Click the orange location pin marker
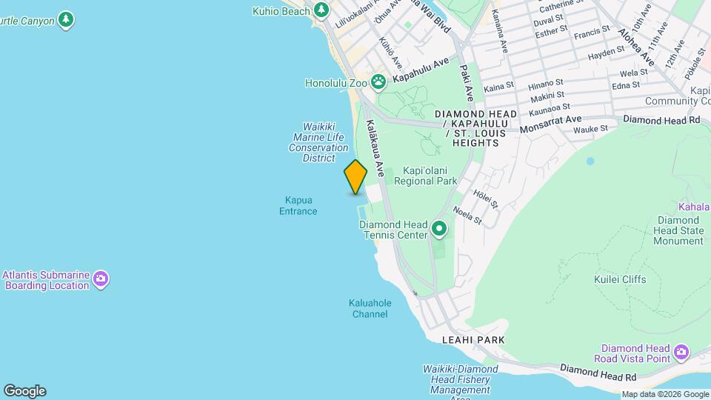point(355,177)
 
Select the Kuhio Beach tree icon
point(321,10)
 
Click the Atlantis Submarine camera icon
point(101,280)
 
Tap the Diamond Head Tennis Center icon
point(439,230)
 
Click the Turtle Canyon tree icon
point(67,19)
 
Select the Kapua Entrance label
point(298,206)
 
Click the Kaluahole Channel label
point(370,308)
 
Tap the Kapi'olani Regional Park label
point(425,176)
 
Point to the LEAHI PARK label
point(473,339)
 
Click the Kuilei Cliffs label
point(620,279)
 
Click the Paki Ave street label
point(467,82)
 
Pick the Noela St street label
point(467,216)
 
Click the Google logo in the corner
point(24,390)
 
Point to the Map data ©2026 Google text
point(664,394)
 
